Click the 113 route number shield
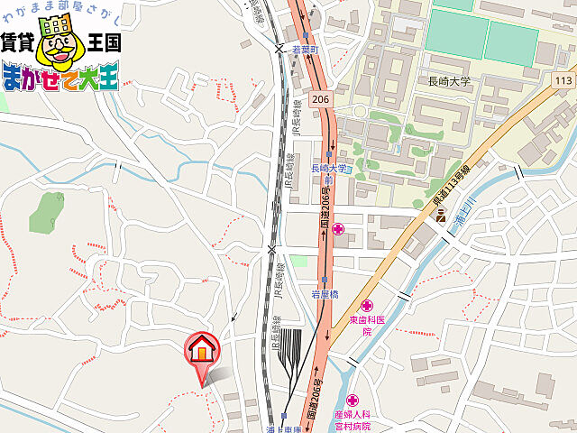[564, 80]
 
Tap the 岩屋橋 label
[325, 295]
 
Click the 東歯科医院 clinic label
[367, 326]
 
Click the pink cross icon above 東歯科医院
[367, 306]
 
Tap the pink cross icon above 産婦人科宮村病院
[351, 400]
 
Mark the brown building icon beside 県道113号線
[441, 216]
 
